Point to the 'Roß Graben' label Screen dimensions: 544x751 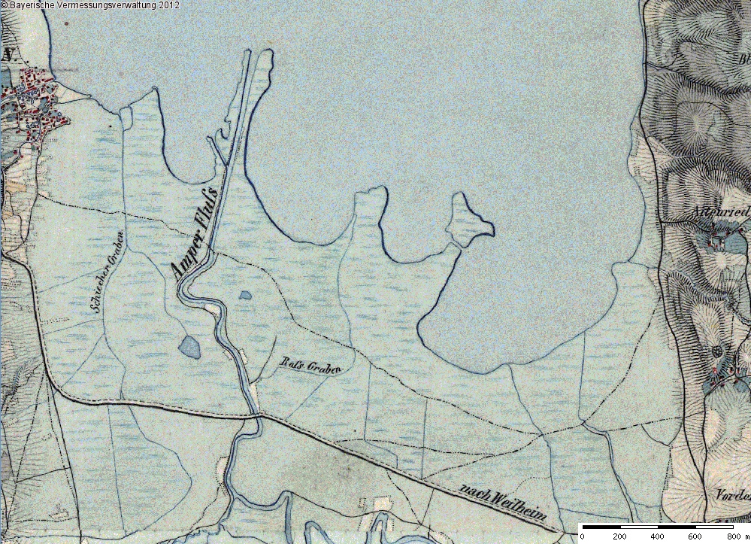(310, 365)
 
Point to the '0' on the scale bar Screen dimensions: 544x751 (583, 536)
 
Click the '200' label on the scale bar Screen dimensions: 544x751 (619, 536)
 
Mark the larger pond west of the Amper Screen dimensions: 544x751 (189, 348)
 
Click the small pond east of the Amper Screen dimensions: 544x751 (245, 296)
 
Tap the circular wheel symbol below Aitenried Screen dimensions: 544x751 (716, 351)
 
